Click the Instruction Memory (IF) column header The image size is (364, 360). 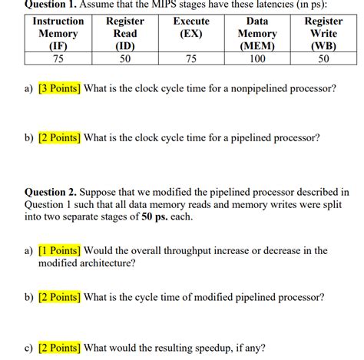pyautogui.click(x=58, y=34)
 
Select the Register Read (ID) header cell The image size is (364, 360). pyautogui.click(x=124, y=34)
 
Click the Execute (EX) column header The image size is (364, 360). pyautogui.click(x=191, y=28)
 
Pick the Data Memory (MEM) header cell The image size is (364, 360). pyautogui.click(x=257, y=34)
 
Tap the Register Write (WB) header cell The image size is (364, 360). pyautogui.click(x=323, y=34)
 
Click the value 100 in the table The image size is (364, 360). pyautogui.click(x=257, y=58)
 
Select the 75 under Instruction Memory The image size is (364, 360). pyautogui.click(x=58, y=58)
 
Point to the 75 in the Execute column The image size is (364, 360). pyautogui.click(x=191, y=58)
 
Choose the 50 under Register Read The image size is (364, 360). pyautogui.click(x=124, y=58)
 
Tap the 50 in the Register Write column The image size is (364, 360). pyautogui.click(x=323, y=58)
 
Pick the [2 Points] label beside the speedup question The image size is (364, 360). pyautogui.click(x=59, y=348)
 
